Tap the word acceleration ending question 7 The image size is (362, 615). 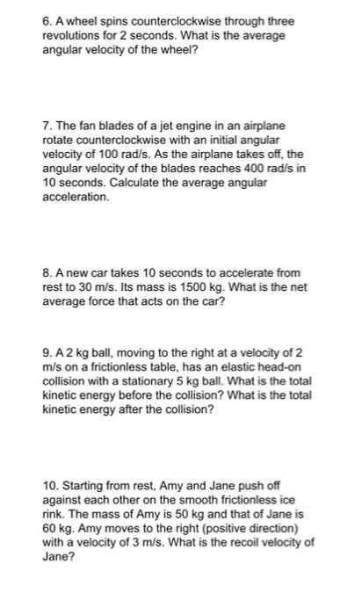(76, 198)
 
